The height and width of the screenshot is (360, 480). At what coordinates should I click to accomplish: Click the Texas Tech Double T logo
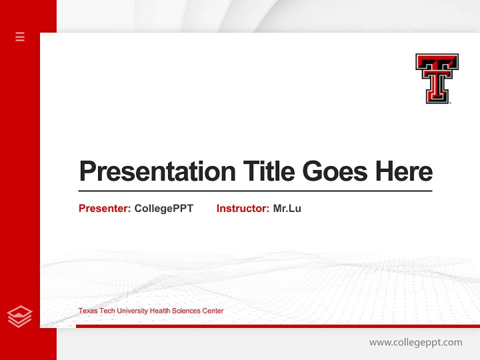437,78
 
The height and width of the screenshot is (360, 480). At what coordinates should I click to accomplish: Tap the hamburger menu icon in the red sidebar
20,36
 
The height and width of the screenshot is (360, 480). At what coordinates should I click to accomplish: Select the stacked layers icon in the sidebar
20,316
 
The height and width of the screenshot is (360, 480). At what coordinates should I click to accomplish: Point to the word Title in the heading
268,171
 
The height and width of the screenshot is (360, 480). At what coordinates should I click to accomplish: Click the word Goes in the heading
335,171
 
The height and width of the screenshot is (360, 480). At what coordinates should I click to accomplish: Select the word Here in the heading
404,171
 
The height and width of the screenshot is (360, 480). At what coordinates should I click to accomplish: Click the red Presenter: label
105,208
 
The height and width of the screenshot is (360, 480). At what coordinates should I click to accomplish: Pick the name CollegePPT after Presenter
163,208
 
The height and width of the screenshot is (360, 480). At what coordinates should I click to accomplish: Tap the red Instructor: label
243,208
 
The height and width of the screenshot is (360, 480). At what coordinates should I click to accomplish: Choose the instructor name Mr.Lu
287,208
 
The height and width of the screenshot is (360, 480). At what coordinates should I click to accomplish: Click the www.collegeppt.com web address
415,342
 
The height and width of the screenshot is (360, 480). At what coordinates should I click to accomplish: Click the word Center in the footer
212,311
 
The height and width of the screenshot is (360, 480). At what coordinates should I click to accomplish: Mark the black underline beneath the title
255,191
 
